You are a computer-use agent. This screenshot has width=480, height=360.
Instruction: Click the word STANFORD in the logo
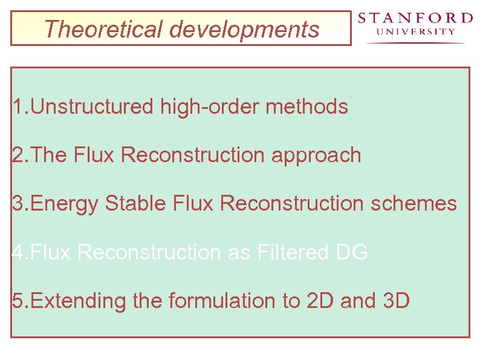415,18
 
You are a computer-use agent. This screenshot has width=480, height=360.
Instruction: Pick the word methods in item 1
307,107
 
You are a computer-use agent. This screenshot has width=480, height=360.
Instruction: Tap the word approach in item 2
316,155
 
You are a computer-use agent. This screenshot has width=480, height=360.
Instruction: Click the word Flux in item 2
94,155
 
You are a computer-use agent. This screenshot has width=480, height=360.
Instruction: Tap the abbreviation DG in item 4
352,252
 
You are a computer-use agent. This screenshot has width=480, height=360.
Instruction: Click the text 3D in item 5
397,301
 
